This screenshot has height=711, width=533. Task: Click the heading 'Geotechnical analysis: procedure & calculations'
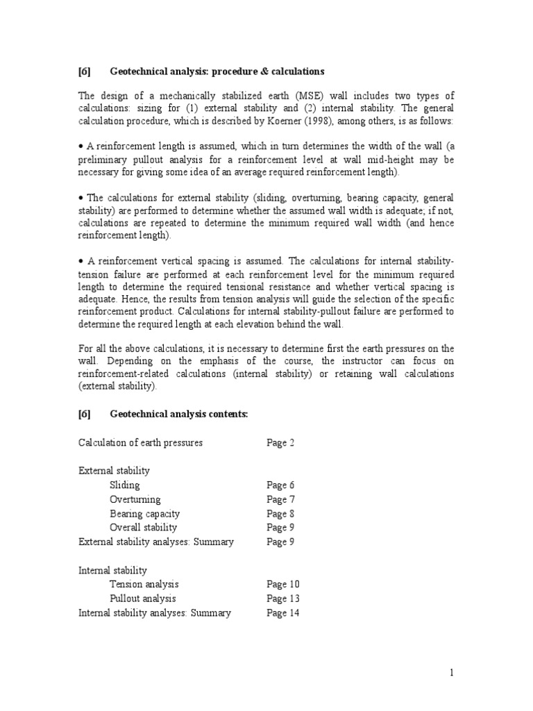point(217,72)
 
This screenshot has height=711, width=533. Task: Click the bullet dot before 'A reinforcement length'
point(81,147)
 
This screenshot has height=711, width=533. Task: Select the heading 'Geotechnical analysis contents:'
point(179,415)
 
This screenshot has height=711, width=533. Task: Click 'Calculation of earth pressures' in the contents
point(141,443)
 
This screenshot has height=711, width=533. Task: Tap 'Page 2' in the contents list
point(281,443)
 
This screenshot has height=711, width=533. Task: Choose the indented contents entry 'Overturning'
point(135,499)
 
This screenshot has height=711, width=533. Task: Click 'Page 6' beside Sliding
point(281,485)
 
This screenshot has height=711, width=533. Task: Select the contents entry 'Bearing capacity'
point(144,514)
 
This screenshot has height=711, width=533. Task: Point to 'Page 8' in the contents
point(281,514)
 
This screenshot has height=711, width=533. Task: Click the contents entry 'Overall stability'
point(143,528)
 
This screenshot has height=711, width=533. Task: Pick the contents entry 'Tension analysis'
point(144,585)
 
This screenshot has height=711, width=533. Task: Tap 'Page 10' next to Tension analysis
point(283,585)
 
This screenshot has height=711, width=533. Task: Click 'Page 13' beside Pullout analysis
point(283,599)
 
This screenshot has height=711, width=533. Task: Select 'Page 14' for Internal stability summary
point(283,613)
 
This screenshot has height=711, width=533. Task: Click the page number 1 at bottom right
point(451,672)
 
